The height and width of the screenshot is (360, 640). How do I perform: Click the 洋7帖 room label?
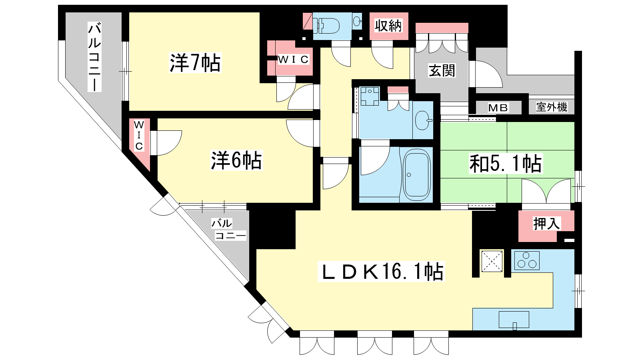pos(196,62)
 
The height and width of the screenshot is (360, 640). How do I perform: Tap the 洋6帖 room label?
pos(236,160)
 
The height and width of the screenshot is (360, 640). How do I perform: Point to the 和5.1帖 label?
pos(506,164)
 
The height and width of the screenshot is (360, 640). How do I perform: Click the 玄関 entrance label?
pos(442,70)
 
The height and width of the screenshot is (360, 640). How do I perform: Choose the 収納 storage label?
pos(388,26)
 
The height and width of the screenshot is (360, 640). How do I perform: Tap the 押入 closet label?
pos(546,223)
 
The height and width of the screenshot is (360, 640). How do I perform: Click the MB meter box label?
pos(498,108)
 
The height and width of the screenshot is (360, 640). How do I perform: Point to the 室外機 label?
pos(552,107)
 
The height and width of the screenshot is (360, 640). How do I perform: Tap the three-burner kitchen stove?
pos(527,260)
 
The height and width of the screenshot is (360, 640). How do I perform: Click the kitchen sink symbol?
pos(514,320)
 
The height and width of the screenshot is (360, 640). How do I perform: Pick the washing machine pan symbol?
pos(370,96)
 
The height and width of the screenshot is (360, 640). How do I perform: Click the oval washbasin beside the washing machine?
pos(423,120)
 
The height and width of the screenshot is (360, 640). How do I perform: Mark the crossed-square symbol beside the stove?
pos(492,261)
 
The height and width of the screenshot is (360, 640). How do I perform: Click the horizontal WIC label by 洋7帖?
pos(293,60)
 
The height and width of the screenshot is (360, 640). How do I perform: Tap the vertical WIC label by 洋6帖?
pos(139,136)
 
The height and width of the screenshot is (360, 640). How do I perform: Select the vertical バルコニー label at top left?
pos(94,58)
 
